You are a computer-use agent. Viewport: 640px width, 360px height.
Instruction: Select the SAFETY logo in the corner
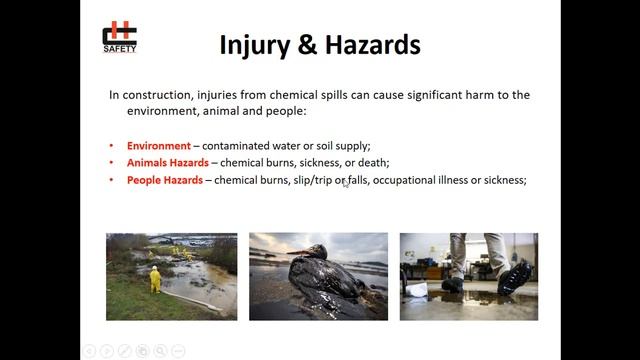coord(120,37)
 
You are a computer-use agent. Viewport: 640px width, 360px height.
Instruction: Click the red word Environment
coord(158,146)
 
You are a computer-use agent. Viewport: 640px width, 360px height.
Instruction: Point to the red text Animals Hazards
coord(167,163)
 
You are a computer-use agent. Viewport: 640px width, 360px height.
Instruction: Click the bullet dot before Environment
coord(112,146)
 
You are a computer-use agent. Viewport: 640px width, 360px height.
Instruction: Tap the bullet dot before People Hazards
coord(112,180)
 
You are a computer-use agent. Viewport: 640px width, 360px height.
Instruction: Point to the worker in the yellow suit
coord(155,278)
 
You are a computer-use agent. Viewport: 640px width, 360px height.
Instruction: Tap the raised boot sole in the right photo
coord(516,276)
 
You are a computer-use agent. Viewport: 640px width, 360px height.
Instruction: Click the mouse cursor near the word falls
coord(346,182)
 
